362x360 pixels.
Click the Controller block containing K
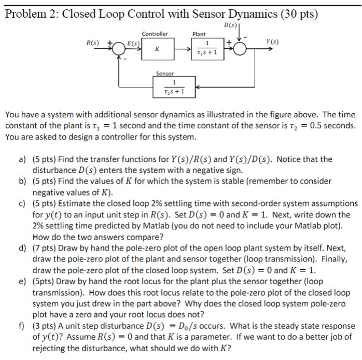[x=156, y=50]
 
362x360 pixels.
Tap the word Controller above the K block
[x=155, y=34]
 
